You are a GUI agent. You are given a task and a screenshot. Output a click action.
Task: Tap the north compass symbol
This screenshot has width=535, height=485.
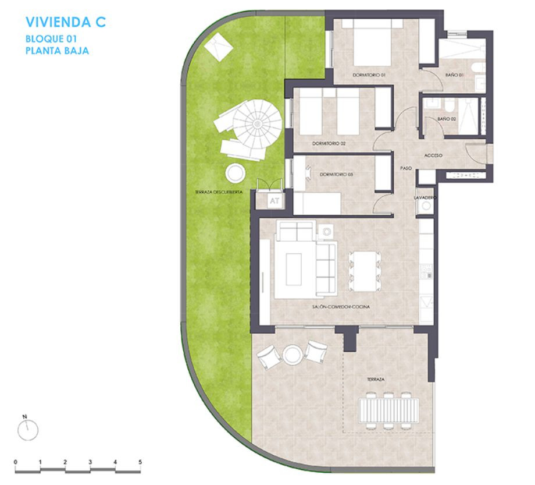(27, 430)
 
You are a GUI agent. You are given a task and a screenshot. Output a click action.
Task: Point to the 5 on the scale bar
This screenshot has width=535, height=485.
(140, 462)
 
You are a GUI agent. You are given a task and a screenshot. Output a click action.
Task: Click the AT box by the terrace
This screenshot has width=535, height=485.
(274, 200)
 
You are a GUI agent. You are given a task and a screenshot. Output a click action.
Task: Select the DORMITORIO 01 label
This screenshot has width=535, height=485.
(369, 76)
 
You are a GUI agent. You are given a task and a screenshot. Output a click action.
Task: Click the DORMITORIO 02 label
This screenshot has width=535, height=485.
(329, 143)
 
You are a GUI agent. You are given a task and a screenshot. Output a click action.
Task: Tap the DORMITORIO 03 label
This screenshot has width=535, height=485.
(337, 174)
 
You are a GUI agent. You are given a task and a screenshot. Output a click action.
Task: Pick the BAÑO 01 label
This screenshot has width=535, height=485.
(454, 76)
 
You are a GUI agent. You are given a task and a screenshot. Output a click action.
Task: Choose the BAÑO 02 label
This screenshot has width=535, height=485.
(446, 119)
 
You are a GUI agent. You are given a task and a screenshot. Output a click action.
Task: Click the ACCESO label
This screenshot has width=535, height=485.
(434, 155)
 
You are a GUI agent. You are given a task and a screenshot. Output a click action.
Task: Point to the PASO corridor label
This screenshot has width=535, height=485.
(406, 168)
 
